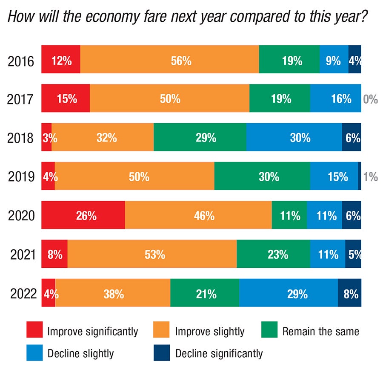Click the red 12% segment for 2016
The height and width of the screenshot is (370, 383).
(61, 59)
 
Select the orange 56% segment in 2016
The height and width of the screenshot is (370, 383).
(169, 59)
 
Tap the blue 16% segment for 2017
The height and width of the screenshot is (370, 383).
(335, 98)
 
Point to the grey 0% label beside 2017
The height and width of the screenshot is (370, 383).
(370, 99)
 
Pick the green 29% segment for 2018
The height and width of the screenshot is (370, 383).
(200, 137)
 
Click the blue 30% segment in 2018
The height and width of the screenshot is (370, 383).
(294, 137)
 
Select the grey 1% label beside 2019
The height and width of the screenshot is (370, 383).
(371, 176)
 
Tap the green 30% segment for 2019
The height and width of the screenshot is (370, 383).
(262, 176)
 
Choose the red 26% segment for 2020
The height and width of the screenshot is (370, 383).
(83, 215)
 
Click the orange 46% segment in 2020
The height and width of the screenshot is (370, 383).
(198, 215)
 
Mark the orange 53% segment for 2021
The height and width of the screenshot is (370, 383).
(152, 254)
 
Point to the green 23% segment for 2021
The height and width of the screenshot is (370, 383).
(273, 254)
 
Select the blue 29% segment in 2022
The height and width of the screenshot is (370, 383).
(288, 293)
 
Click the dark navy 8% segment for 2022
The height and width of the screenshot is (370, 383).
(349, 293)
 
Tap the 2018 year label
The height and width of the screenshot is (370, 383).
(21, 138)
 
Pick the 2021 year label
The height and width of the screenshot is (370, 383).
(21, 254)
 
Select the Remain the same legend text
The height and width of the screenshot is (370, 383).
(320, 331)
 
